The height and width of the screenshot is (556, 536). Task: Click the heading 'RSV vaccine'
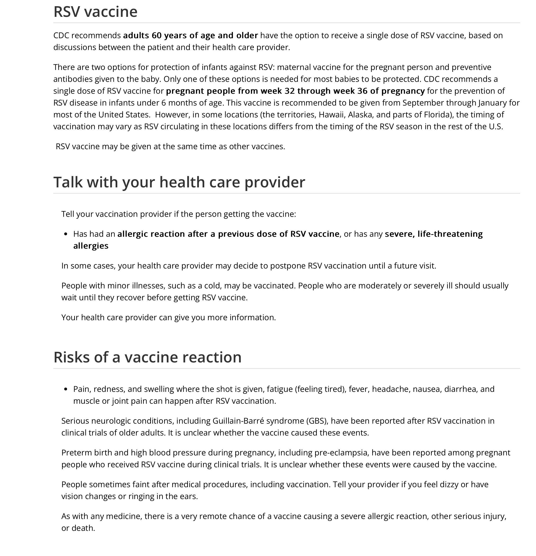[x=95, y=12]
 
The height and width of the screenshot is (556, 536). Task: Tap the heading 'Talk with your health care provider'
[x=179, y=182]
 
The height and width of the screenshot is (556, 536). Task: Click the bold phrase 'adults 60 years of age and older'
[x=191, y=35]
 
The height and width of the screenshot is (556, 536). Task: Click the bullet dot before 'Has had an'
[x=66, y=234]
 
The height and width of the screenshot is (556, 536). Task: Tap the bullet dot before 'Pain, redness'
[x=66, y=389]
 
